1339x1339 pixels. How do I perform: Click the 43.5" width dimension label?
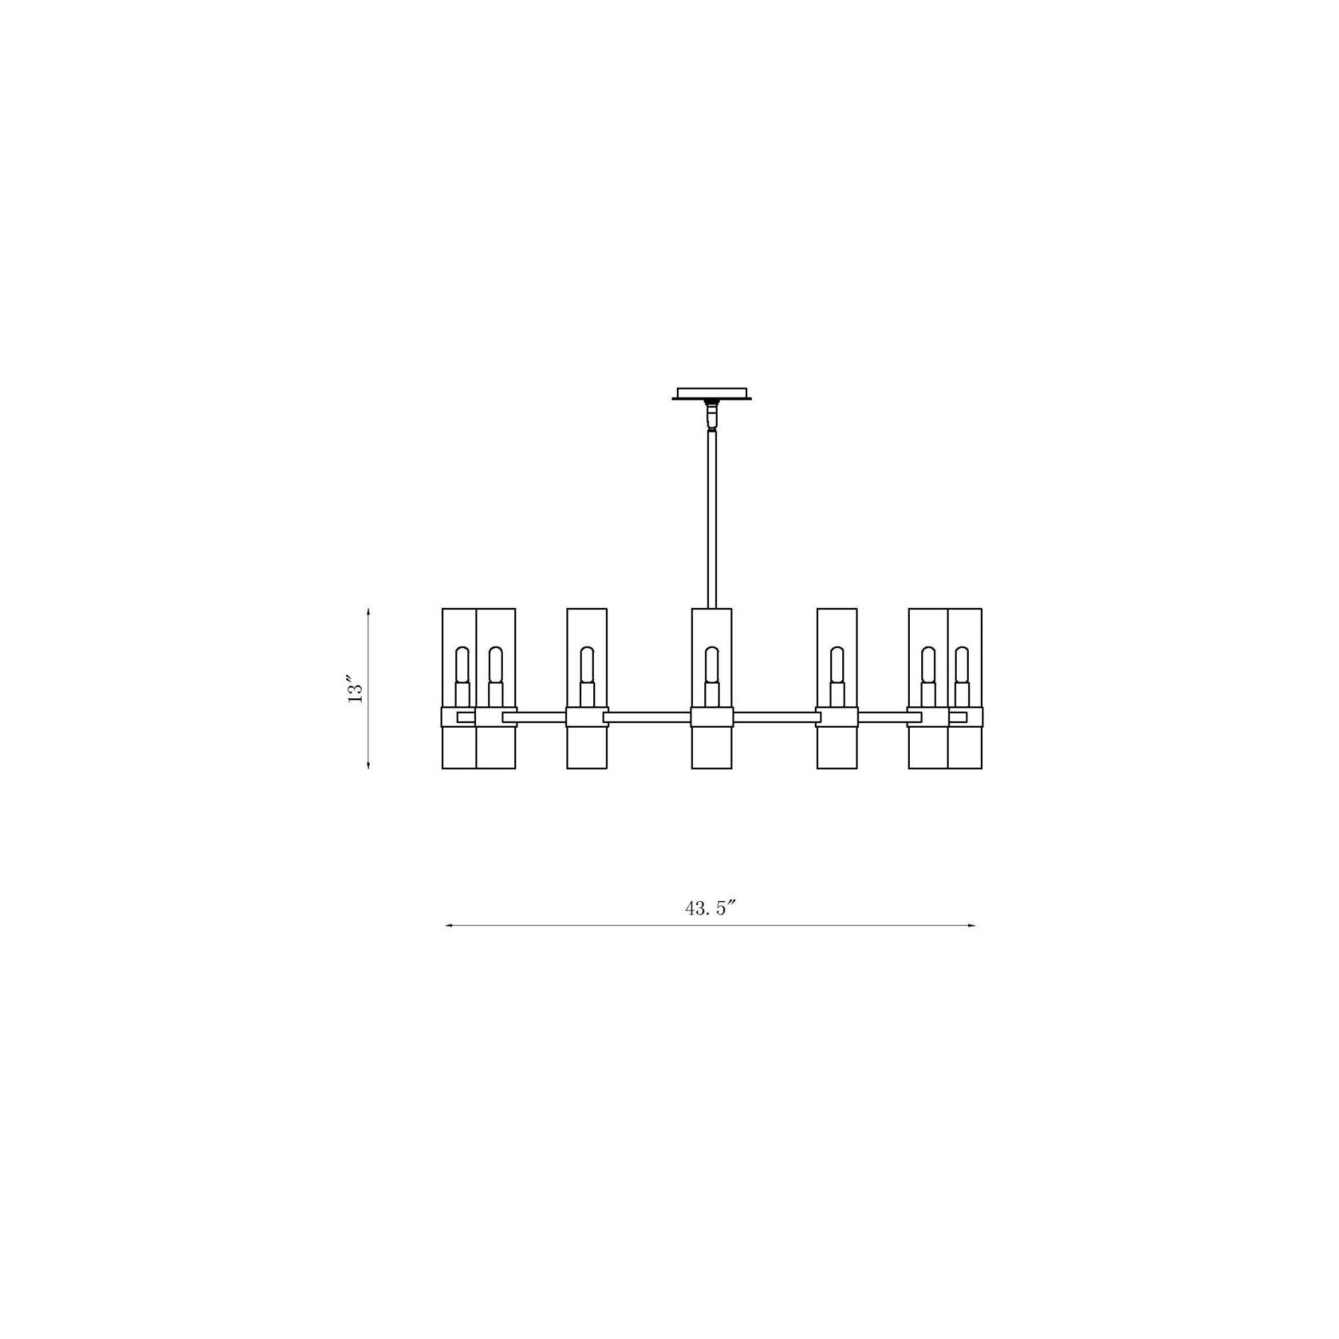pos(709,909)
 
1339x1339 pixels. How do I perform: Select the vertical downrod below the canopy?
pos(712,520)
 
